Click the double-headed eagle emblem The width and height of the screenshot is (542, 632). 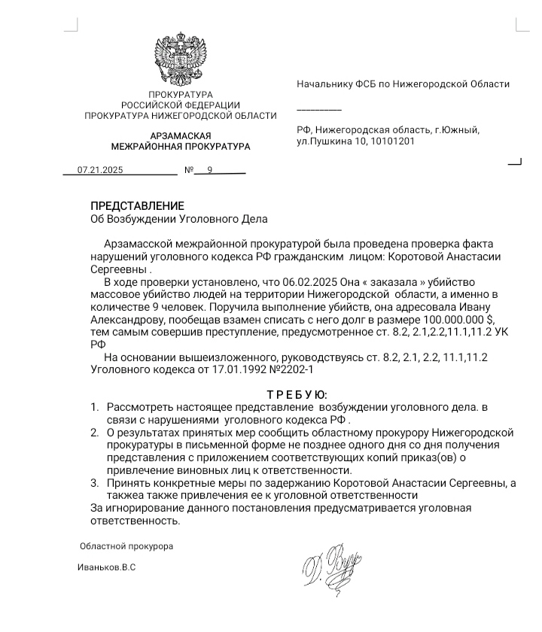(x=180, y=57)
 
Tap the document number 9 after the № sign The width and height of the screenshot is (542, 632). (x=210, y=170)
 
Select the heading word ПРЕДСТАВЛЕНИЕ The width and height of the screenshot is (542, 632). (x=137, y=205)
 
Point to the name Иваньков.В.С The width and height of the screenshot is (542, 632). (x=106, y=567)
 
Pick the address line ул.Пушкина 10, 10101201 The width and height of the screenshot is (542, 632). (x=355, y=141)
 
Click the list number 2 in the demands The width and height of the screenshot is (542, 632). (x=95, y=433)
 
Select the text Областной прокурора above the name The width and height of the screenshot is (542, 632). (x=126, y=545)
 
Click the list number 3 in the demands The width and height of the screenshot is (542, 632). (x=95, y=484)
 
